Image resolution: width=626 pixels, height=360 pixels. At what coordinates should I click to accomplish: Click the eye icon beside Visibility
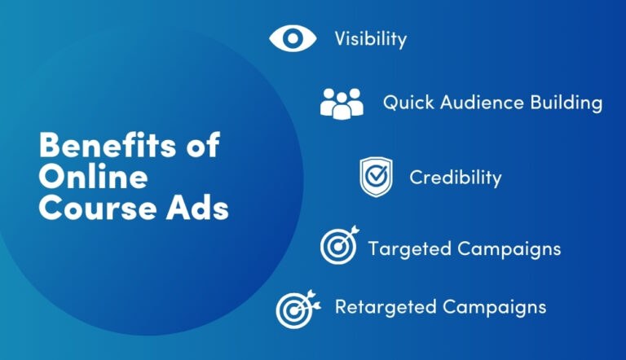[292, 37]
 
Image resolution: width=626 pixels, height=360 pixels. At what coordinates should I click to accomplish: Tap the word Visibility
[370, 38]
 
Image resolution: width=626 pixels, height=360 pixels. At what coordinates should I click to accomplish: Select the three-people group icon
[342, 103]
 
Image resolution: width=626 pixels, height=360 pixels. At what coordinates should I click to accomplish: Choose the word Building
[567, 103]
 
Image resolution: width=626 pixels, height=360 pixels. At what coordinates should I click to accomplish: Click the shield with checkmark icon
[376, 177]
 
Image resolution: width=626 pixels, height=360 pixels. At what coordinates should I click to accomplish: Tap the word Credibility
[455, 177]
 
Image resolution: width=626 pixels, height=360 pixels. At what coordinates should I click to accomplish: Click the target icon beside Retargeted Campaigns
[294, 308]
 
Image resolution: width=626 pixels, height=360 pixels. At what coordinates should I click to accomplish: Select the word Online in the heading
[94, 177]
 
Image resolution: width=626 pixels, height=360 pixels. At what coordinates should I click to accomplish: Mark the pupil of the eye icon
[292, 37]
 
